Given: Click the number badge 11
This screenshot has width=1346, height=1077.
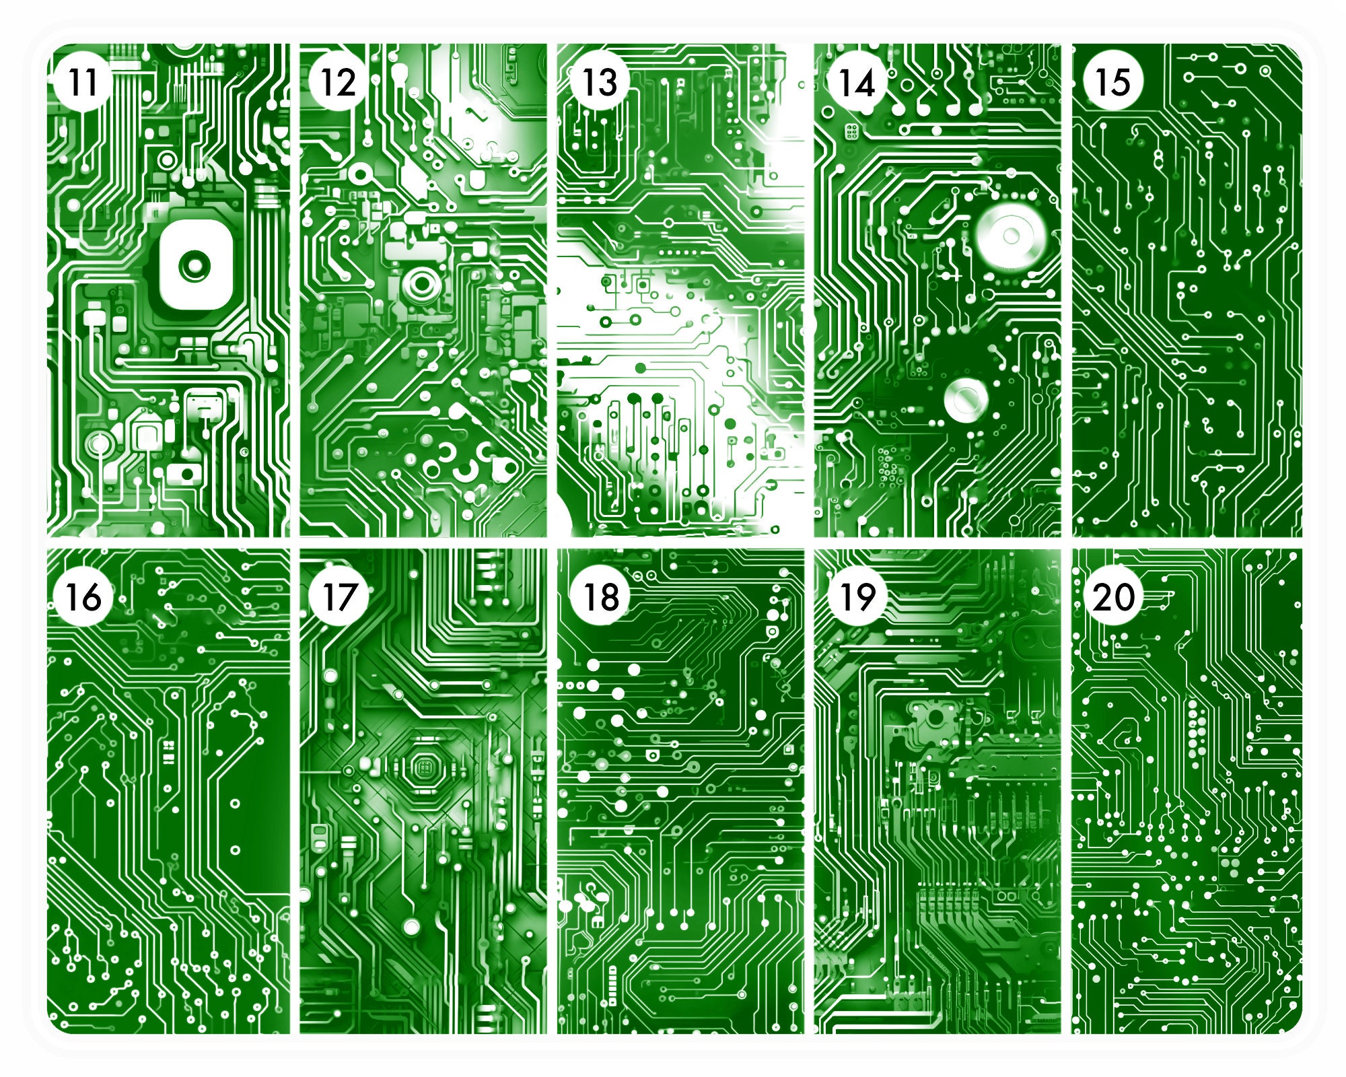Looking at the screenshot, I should (83, 83).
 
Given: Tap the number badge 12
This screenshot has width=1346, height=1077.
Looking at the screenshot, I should (338, 83).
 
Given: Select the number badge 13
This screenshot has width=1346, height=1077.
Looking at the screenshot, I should (599, 83).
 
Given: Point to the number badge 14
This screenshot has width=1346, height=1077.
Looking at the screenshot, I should (856, 83).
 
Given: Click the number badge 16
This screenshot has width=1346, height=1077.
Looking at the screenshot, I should (83, 596).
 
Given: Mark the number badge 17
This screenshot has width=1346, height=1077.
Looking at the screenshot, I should (338, 596).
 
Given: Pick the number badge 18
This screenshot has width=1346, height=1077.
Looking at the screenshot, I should (599, 596).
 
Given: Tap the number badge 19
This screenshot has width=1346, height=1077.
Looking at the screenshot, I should (856, 596).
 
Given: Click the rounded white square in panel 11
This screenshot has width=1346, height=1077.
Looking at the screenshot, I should (196, 265).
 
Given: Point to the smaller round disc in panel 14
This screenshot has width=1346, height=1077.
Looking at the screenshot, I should (966, 397).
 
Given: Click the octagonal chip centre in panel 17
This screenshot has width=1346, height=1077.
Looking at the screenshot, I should (425, 766).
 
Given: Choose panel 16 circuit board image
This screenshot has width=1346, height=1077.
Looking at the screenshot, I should (168, 808).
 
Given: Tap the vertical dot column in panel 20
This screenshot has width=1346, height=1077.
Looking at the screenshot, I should (1194, 727).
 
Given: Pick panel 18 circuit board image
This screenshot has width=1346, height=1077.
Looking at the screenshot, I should (680, 808).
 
